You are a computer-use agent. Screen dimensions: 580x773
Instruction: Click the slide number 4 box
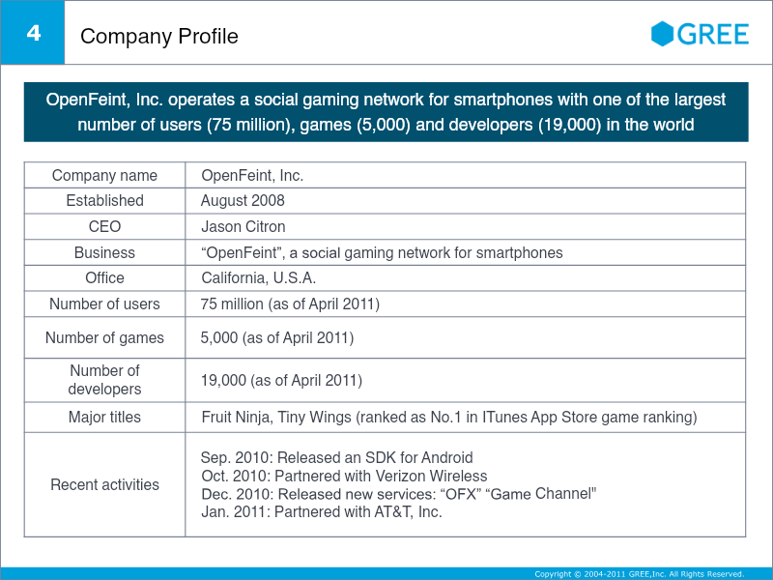(x=33, y=33)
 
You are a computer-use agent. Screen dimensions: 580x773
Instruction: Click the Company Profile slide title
(x=159, y=37)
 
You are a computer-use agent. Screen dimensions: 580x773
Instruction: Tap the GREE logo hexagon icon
(x=662, y=34)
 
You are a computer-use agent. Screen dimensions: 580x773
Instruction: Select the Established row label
(x=104, y=201)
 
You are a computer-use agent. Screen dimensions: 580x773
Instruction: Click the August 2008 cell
(x=243, y=201)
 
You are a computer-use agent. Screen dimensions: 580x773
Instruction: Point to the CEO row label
(x=104, y=227)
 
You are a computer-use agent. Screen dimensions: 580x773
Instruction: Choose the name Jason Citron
(x=243, y=227)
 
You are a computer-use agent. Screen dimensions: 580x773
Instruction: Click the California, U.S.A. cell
(x=258, y=278)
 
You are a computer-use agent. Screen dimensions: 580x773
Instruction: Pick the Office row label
(x=104, y=278)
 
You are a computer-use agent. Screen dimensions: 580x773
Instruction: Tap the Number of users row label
(x=104, y=304)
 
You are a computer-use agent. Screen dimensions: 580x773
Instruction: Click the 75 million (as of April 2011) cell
(x=290, y=304)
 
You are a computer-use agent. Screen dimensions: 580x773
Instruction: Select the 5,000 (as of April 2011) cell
(x=276, y=338)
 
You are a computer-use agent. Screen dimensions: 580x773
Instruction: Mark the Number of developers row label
(x=104, y=380)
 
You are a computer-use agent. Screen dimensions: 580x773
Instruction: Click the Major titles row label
(x=104, y=418)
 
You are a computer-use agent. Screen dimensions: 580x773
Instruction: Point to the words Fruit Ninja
(x=230, y=418)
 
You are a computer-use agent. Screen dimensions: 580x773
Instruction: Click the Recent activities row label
(x=104, y=484)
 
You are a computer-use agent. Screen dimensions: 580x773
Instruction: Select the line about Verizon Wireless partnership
(x=344, y=477)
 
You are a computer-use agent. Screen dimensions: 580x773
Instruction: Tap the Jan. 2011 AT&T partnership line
(x=321, y=512)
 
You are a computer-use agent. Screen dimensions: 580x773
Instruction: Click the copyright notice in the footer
(x=639, y=574)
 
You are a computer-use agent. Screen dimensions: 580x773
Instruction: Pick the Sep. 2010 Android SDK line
(x=336, y=458)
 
